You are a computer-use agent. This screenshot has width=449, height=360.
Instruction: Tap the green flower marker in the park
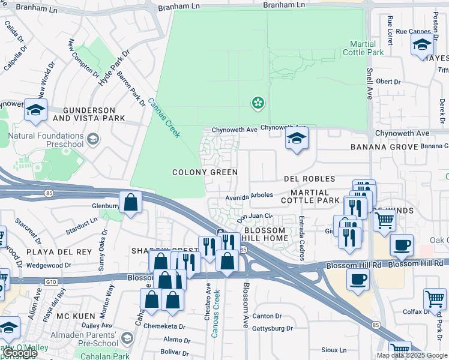coord(258,103)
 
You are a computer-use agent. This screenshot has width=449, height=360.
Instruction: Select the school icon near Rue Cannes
coord(422,45)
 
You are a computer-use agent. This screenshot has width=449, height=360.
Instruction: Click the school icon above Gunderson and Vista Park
coord(35,110)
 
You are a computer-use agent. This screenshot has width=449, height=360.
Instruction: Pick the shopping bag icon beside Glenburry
coord(130,202)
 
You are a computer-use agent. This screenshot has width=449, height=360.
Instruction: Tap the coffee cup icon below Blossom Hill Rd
coord(358,280)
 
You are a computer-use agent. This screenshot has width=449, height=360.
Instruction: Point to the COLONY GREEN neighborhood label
coord(205,172)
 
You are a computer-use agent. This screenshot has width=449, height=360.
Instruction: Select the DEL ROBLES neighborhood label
coord(309,179)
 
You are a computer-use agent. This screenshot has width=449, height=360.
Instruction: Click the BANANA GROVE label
coord(385,147)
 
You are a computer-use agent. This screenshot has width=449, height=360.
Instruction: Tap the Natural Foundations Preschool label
coord(46,140)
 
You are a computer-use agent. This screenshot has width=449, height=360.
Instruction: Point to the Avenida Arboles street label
coord(249,195)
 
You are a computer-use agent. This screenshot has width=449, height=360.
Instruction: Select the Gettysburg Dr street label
coord(273,328)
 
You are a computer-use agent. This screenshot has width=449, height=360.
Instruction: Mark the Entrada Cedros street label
coord(301,238)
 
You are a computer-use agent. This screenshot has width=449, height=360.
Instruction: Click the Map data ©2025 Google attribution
coord(412,355)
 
